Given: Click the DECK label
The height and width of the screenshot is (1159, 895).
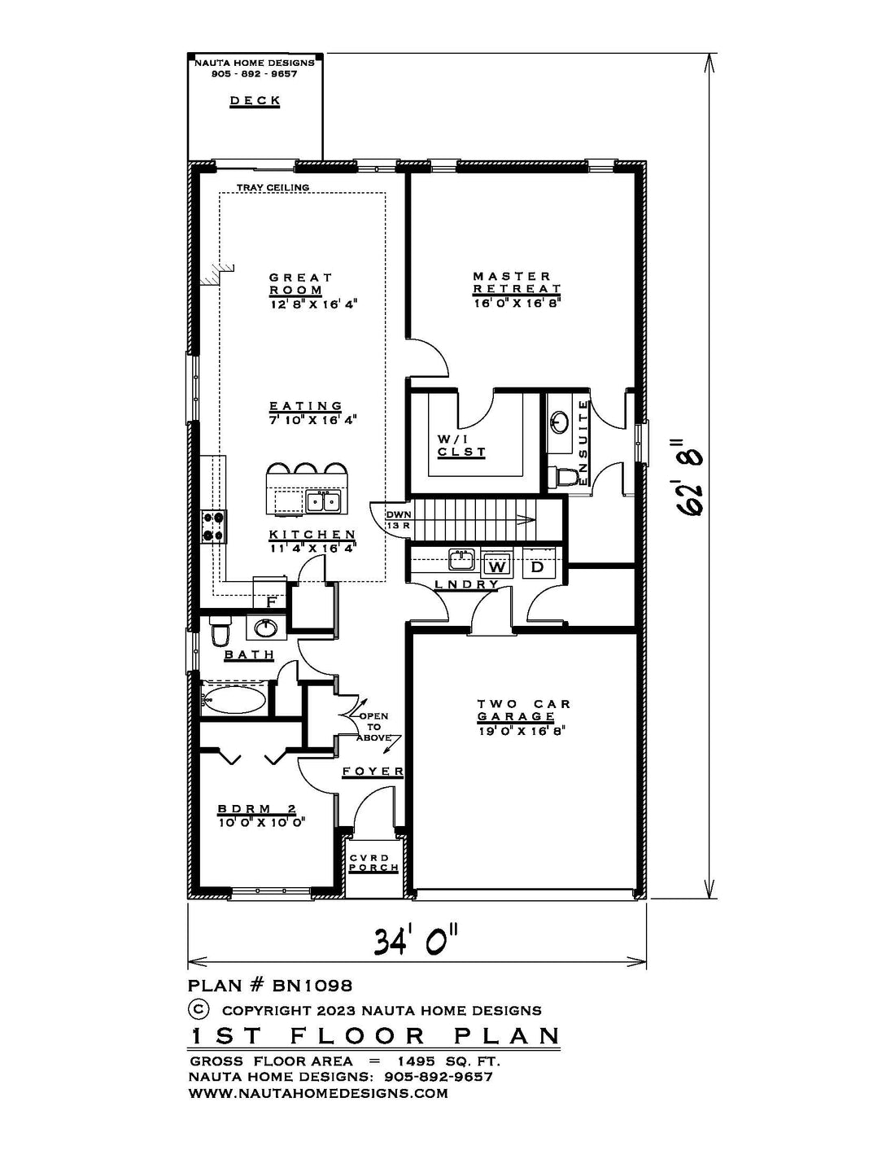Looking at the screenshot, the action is tap(255, 100).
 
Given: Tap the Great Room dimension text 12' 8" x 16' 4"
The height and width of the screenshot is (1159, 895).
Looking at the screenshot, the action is tap(312, 304).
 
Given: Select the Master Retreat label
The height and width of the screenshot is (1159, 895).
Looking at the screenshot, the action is tap(517, 282).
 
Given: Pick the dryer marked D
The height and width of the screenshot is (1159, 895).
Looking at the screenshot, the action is tap(537, 566).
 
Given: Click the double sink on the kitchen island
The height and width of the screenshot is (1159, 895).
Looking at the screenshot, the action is tap(324, 502).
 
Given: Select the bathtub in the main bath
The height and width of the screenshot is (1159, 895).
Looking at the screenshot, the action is tap(234, 698).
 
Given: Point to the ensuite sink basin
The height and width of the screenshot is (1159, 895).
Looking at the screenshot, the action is tap(560, 422).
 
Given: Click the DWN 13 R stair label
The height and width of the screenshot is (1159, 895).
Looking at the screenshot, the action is tap(399, 520).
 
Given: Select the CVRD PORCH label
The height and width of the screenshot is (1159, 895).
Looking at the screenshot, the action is tap(373, 863).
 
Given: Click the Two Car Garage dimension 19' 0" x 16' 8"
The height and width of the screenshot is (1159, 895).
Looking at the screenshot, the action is tap(522, 731).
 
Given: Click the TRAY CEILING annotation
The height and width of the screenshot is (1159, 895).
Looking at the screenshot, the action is tap(273, 187).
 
